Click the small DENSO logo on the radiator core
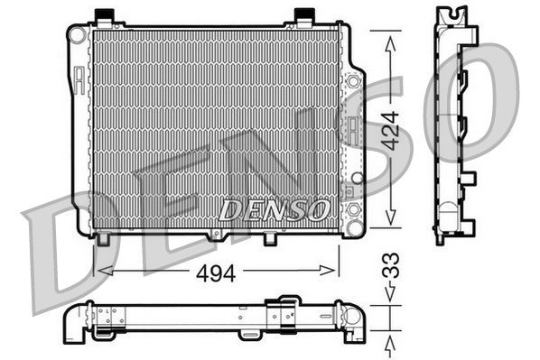pos(274,210)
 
